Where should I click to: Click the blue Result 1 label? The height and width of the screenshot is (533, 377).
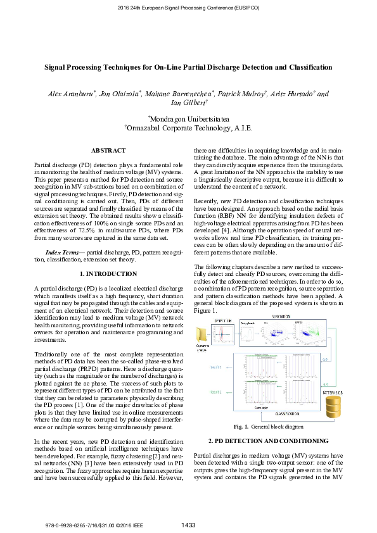pos(215,367)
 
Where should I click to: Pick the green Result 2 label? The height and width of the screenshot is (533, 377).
pos(215,393)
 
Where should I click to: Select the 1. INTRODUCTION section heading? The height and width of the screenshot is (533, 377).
pos(108,274)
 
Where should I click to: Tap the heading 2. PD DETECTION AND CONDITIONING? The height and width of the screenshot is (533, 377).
pos(269,441)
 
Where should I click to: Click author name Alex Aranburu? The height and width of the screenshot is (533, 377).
pos(71,94)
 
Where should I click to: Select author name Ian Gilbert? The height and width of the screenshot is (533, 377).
pos(188,103)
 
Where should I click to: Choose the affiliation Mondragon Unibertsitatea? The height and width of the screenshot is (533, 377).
pos(188,118)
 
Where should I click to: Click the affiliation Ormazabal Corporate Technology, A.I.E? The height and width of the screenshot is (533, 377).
pos(188,128)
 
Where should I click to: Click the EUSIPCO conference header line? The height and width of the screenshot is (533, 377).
pos(188,7)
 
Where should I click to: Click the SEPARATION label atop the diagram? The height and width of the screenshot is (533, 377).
pos(283,317)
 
